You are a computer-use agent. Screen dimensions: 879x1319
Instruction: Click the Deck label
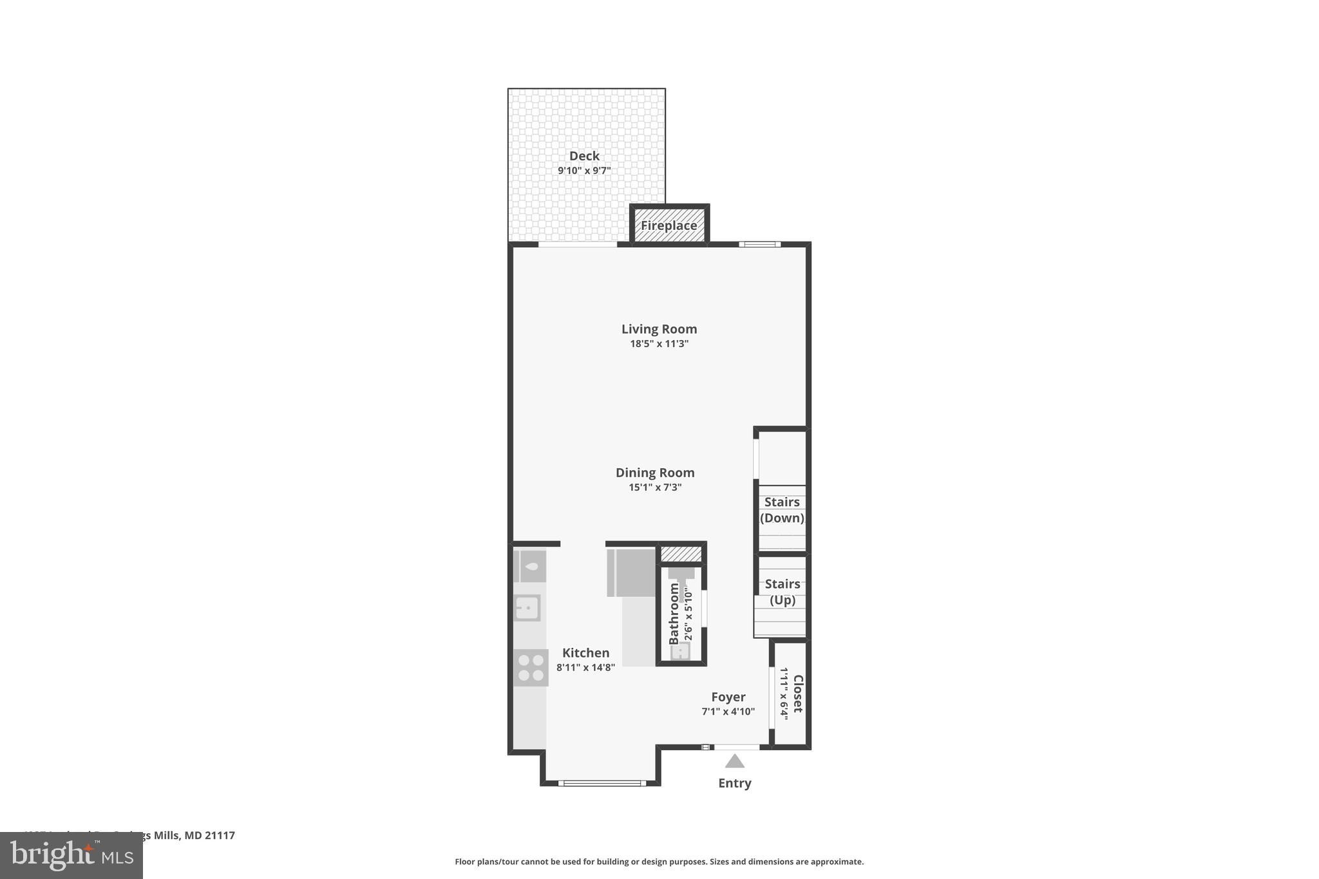[584, 156]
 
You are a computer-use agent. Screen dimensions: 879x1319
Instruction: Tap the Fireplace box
[669, 225]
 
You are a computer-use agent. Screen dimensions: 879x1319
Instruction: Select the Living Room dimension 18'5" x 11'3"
[659, 344]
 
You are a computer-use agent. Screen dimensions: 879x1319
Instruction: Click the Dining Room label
[655, 473]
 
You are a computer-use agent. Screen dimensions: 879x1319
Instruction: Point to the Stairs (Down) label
[782, 510]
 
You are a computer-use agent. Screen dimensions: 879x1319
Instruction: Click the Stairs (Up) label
[783, 592]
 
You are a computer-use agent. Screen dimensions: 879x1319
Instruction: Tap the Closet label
[798, 694]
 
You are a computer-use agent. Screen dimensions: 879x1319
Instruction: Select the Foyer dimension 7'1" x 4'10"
[728, 712]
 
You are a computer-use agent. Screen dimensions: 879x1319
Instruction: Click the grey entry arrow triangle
[735, 762]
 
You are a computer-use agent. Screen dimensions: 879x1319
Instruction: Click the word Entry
[735, 783]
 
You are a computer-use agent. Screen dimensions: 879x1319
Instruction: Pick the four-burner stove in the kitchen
[531, 668]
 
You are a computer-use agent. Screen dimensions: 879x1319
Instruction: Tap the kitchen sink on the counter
[527, 607]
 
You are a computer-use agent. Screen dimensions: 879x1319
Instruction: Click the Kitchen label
[585, 652]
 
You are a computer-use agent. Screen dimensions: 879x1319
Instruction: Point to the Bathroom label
[674, 613]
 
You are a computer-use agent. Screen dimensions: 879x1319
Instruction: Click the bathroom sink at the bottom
[680, 652]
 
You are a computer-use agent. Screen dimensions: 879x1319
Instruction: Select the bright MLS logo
[71, 856]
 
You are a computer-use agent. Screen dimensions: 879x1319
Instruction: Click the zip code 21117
[220, 835]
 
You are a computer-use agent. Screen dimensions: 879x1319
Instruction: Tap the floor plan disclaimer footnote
[659, 862]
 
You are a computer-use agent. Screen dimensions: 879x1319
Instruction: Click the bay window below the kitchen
[602, 783]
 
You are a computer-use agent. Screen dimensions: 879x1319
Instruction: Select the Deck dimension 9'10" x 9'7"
[584, 171]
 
